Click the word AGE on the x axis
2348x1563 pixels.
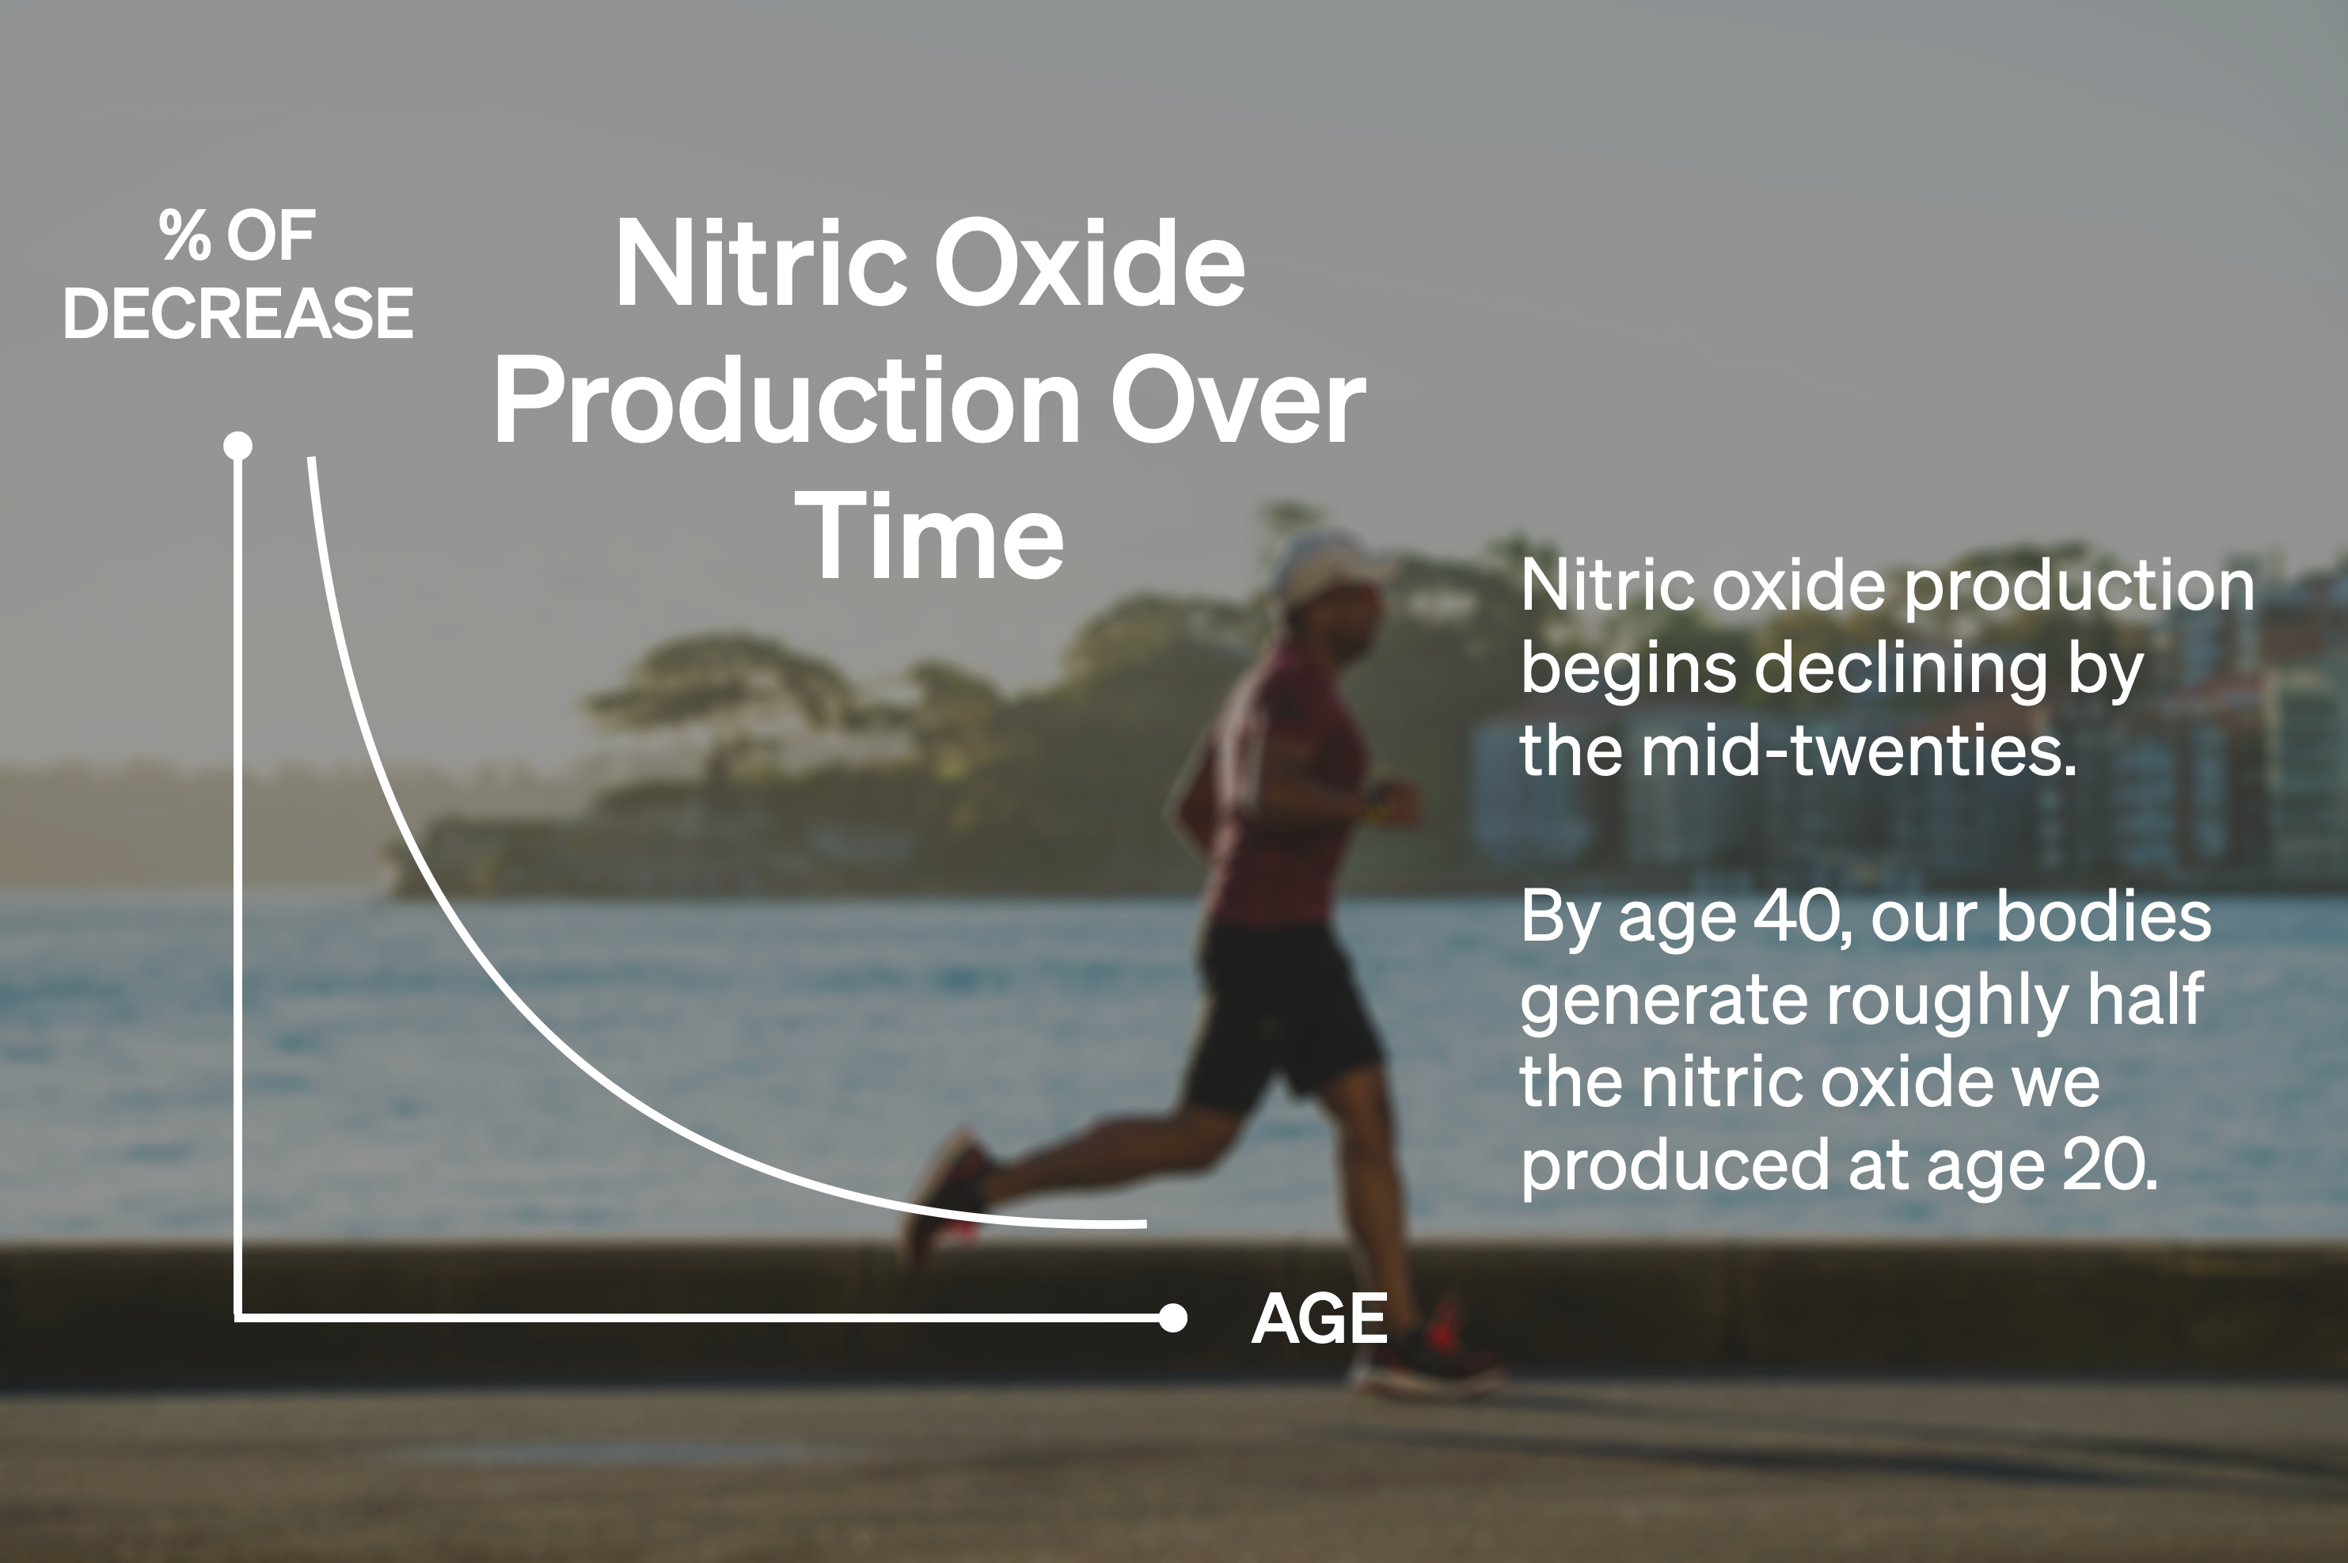[1319, 1319]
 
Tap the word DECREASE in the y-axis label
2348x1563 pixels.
[238, 313]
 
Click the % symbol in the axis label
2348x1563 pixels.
[184, 236]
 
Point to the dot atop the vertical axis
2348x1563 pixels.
[238, 446]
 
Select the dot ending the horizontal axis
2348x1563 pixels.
[1174, 1318]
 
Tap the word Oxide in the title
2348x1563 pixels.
[1089, 264]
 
